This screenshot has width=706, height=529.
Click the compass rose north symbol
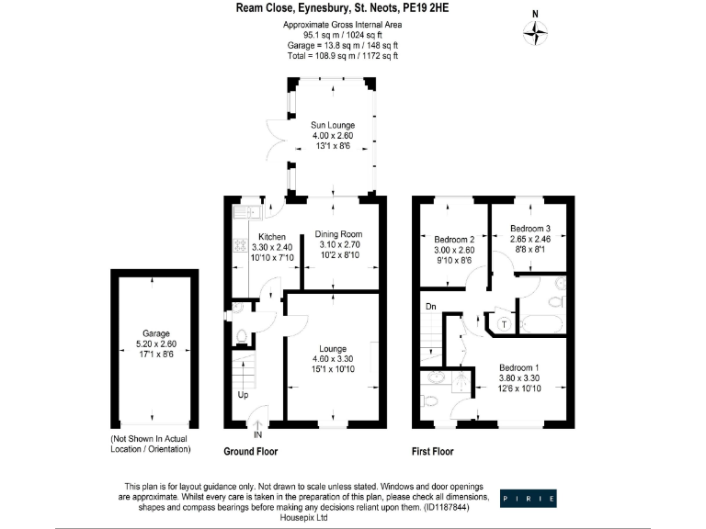click(535, 33)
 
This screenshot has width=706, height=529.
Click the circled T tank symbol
click(505, 322)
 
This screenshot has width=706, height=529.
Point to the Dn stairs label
click(430, 305)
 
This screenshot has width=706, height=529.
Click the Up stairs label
click(244, 395)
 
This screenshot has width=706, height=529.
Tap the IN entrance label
click(257, 434)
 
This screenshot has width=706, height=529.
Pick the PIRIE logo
click(528, 499)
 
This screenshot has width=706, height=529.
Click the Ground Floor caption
click(250, 452)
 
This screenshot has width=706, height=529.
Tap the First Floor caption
click(432, 452)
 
